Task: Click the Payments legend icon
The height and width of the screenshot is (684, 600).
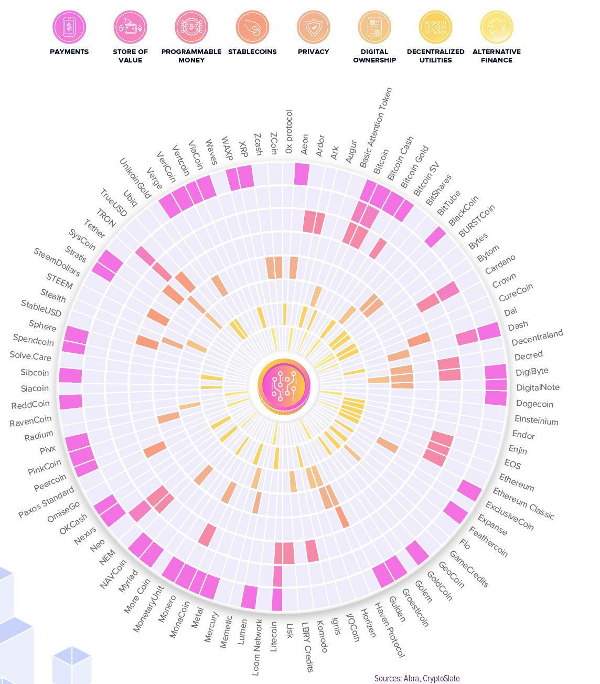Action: [69, 27]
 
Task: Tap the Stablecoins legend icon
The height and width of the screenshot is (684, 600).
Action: [252, 27]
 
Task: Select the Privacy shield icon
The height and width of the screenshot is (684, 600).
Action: [313, 27]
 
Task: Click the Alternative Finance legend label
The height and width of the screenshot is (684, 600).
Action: [497, 56]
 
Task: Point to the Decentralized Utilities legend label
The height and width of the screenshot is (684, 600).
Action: [435, 56]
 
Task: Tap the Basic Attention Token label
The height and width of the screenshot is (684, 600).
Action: [376, 128]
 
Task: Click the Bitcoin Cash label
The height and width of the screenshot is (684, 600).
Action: [401, 158]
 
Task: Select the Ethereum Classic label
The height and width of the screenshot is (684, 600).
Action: [523, 503]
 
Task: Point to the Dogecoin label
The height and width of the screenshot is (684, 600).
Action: [534, 404]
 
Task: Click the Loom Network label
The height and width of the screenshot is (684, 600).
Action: [258, 647]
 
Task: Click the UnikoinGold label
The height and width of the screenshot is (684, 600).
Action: [135, 178]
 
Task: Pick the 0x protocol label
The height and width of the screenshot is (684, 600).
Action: [289, 132]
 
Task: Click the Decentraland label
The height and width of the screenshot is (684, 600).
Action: [537, 338]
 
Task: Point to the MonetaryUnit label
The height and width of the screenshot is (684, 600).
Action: [148, 609]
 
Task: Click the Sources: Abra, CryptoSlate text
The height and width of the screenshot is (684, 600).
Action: [416, 678]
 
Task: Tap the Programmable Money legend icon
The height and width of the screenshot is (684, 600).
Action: [191, 27]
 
